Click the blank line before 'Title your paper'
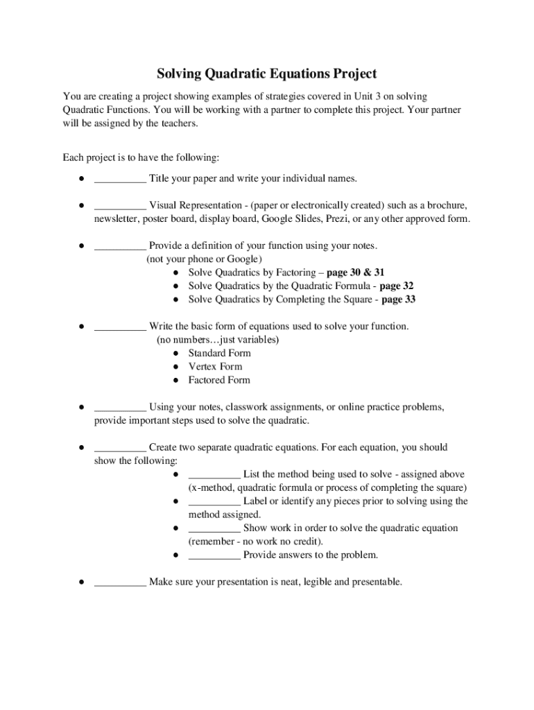[120, 179]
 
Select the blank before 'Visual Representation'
[120, 206]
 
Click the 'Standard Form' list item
[219, 353]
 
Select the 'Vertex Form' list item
[215, 366]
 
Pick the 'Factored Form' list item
[219, 380]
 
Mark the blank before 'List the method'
[214, 474]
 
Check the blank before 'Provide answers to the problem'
[214, 555]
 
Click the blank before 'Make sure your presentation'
[120, 582]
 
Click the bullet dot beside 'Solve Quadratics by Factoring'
[177, 272]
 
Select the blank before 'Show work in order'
[214, 528]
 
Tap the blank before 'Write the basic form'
[120, 327]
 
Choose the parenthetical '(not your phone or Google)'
[205, 259]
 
